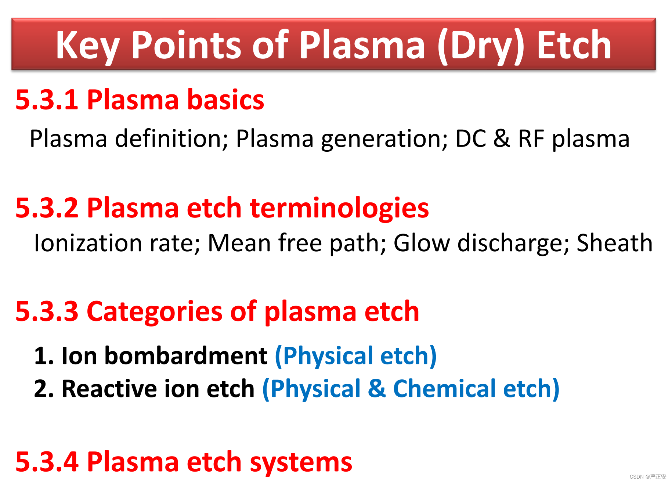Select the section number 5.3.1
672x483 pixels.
coord(47,100)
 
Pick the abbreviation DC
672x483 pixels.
coord(471,139)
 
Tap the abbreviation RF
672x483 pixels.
coord(531,139)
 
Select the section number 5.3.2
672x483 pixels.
coord(47,208)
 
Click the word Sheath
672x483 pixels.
coord(615,243)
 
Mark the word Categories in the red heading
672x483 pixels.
coord(155,312)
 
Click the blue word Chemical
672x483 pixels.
coord(445,389)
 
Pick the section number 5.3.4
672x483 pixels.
coord(47,462)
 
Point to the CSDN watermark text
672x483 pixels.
coord(648,477)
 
